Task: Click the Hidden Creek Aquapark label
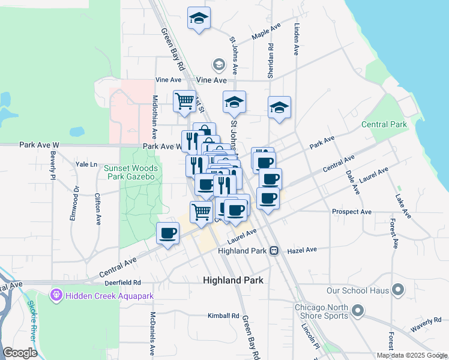[110, 296]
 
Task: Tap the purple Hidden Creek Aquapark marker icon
[56, 295]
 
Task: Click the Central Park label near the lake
[384, 125]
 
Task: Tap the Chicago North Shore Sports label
[321, 311]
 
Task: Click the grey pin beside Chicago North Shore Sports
[358, 311]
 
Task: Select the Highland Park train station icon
[274, 250]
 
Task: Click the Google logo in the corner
[20, 353]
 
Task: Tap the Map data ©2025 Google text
[411, 355]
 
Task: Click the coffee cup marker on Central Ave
[168, 233]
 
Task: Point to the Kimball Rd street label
[223, 316]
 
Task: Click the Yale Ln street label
[86, 164]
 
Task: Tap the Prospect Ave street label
[352, 212]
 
